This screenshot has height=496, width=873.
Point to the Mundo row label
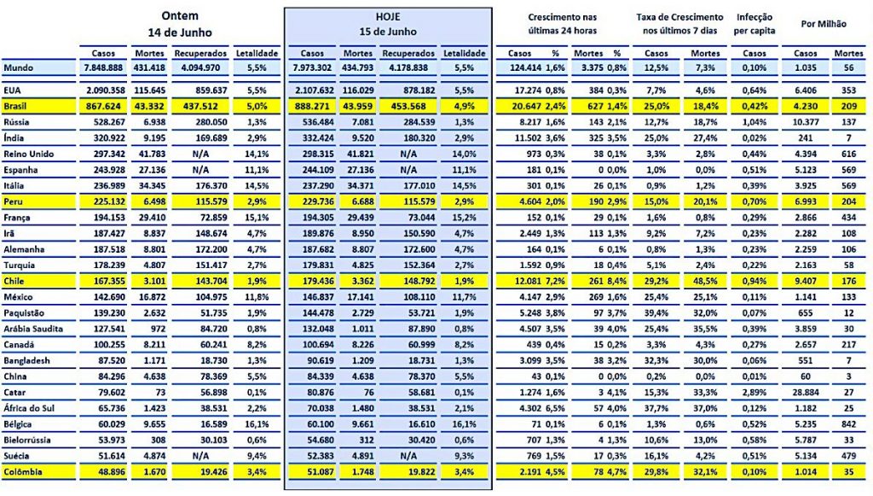click(19, 67)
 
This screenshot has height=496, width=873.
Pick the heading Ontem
click(182, 15)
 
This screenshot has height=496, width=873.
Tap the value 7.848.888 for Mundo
click(104, 67)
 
